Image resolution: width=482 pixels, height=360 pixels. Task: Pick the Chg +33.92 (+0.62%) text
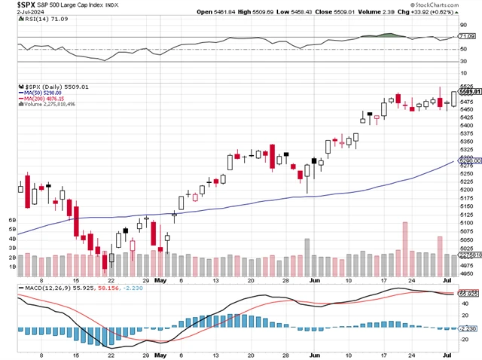443,12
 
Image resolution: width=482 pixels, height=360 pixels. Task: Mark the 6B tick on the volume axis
12,219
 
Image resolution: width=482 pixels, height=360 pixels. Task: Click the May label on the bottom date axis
160,279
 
